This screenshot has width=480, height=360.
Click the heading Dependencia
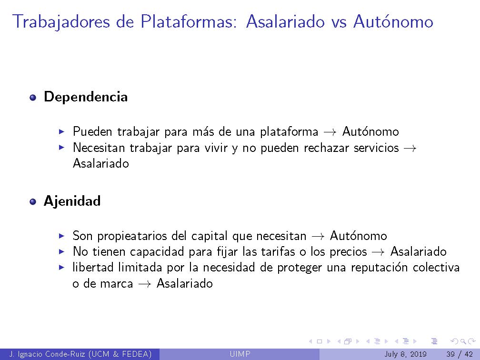[x=86, y=97]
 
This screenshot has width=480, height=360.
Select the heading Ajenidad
[x=72, y=201]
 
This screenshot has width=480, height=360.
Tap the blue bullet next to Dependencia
[x=33, y=98]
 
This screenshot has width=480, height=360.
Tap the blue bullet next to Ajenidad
[x=33, y=202]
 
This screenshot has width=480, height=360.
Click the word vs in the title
[x=339, y=22]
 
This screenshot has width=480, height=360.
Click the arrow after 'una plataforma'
[x=330, y=132]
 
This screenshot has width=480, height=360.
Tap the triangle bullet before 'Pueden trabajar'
[x=61, y=131]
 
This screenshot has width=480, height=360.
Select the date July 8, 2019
[x=406, y=354]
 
